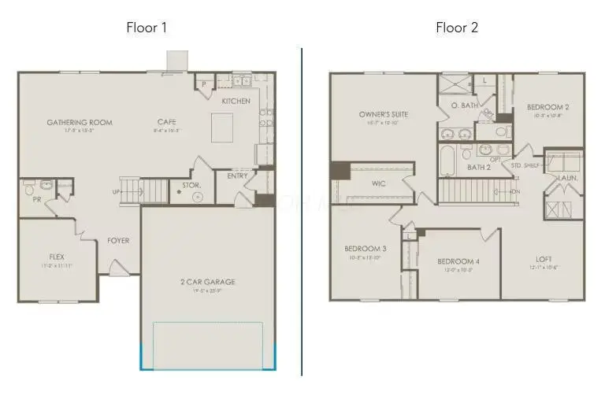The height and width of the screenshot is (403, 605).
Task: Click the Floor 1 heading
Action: (x=147, y=28)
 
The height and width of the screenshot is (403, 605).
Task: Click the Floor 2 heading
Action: (x=457, y=28)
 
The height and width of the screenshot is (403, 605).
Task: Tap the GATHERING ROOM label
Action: (x=79, y=123)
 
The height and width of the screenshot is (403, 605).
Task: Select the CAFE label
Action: (x=166, y=122)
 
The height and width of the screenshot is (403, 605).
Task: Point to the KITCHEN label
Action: (x=236, y=102)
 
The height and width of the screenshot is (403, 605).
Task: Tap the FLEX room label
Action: (x=57, y=257)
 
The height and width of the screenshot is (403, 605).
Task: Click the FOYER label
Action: (x=119, y=241)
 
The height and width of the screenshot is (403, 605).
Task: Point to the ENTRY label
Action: (x=237, y=176)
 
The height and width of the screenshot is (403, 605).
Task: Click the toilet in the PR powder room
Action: (x=29, y=188)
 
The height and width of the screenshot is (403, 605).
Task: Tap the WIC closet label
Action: (x=378, y=183)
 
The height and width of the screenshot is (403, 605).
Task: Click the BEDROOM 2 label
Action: (x=548, y=107)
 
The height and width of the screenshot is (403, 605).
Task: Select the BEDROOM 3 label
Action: (x=365, y=249)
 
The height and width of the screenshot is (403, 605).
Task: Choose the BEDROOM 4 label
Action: (x=458, y=261)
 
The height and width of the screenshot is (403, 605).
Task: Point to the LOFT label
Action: (x=544, y=258)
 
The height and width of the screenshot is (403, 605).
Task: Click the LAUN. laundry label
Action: (x=568, y=178)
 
